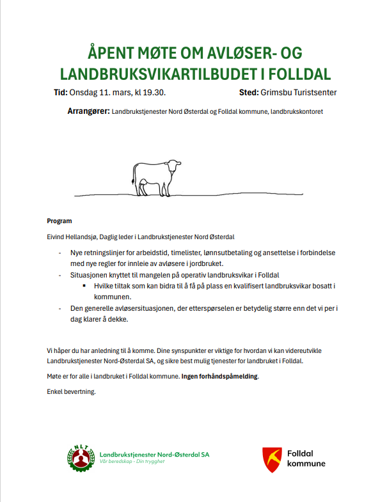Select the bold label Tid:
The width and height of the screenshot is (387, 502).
click(x=61, y=93)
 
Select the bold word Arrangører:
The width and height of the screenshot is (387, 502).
click(x=89, y=111)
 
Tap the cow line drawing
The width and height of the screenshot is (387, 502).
click(x=154, y=173)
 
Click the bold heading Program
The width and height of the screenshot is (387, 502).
click(x=59, y=221)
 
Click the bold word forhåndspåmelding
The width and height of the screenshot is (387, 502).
click(x=220, y=377)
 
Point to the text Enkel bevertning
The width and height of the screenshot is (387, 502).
click(x=71, y=391)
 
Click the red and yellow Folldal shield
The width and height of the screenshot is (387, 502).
click(x=272, y=458)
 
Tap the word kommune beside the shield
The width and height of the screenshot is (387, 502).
click(x=306, y=464)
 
